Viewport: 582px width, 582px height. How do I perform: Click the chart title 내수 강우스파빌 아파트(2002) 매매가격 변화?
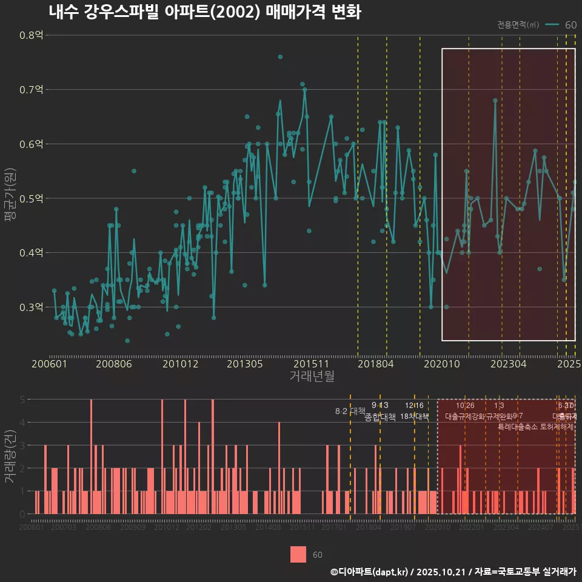point(204,12)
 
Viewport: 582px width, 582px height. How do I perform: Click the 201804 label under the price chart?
point(375,364)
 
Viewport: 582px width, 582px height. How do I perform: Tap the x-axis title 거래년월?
point(312,376)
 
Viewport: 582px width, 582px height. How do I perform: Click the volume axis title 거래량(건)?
point(10,457)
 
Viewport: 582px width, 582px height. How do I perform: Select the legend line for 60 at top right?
point(552,25)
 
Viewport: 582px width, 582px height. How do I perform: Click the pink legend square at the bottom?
point(298,554)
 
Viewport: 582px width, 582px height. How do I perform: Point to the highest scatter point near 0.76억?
point(280,57)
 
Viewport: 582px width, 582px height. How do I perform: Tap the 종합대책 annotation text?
point(380,417)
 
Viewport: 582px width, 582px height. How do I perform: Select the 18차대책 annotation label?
point(415,416)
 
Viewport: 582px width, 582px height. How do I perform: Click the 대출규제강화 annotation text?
point(465,416)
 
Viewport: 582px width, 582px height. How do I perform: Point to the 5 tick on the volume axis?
point(22,400)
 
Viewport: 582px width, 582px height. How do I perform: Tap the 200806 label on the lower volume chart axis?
point(98,528)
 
